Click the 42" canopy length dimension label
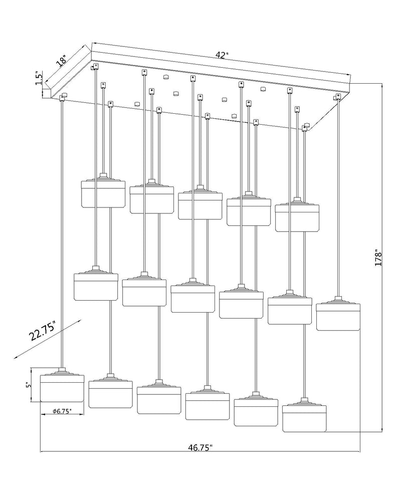pos(222,55)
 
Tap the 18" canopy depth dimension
pos(61,61)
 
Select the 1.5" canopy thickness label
pos(39,78)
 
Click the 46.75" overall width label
pos(200,447)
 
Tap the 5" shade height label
pos(29,385)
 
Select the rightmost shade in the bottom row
pos(305,415)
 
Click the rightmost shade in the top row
pos(297,215)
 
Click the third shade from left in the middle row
pos(193,296)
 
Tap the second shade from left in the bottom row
pos(110,391)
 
